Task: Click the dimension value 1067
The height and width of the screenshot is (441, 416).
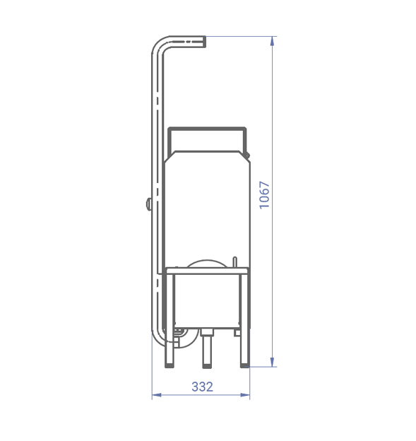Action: pyautogui.click(x=264, y=195)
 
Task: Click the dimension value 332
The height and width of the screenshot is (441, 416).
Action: pyautogui.click(x=203, y=387)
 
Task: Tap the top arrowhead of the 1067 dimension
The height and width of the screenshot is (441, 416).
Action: pyautogui.click(x=272, y=41)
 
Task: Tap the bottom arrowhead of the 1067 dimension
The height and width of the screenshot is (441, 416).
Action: pyautogui.click(x=272, y=362)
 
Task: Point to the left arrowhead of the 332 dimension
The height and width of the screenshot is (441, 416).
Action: pyautogui.click(x=157, y=395)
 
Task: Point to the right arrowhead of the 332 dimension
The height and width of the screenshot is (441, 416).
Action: pyautogui.click(x=245, y=395)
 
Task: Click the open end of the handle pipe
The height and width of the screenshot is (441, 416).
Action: pyautogui.click(x=204, y=42)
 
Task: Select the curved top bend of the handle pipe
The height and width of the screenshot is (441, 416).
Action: pyautogui.click(x=162, y=45)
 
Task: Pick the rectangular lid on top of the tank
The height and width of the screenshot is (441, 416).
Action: pyautogui.click(x=207, y=140)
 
